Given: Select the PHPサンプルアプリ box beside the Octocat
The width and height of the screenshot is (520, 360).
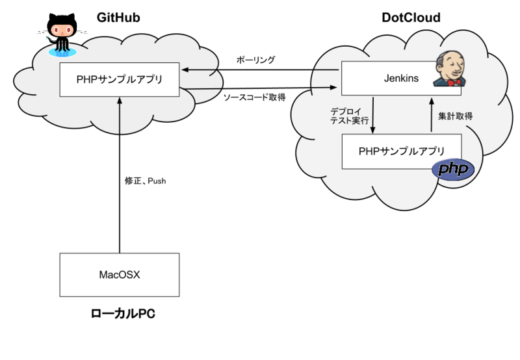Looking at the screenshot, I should tap(120, 80).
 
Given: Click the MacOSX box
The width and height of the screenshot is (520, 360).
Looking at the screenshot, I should tap(119, 274).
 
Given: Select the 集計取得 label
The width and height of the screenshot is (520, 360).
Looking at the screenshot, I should tap(455, 117).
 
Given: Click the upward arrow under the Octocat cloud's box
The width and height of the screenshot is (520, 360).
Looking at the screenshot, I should tap(120, 114).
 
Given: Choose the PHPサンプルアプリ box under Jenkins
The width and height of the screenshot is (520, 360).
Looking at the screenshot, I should tap(402, 151).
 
